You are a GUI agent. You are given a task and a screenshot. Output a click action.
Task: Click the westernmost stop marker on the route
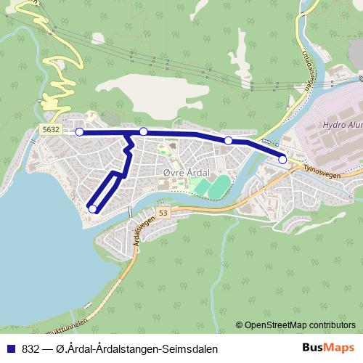tap(80, 132)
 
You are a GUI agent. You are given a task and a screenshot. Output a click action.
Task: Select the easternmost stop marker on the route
tap(282, 159)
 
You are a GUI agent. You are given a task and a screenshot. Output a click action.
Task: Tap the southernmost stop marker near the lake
tap(92, 209)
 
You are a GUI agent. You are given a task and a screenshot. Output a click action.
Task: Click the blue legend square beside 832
tap(9, 348)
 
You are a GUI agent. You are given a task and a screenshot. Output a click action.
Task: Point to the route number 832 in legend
tap(31, 348)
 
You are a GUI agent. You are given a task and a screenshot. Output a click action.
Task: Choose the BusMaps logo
tap(327, 348)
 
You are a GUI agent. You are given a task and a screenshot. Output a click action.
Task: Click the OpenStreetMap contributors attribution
tap(299, 325)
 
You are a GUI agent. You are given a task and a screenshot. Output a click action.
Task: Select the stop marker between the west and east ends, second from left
tap(144, 131)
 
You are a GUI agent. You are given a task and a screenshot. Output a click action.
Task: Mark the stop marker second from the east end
tap(228, 140)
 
